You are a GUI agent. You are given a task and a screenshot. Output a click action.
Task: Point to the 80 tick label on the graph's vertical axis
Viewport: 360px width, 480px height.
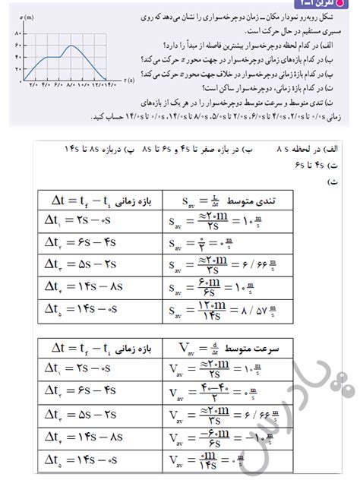click(x=17, y=34)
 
